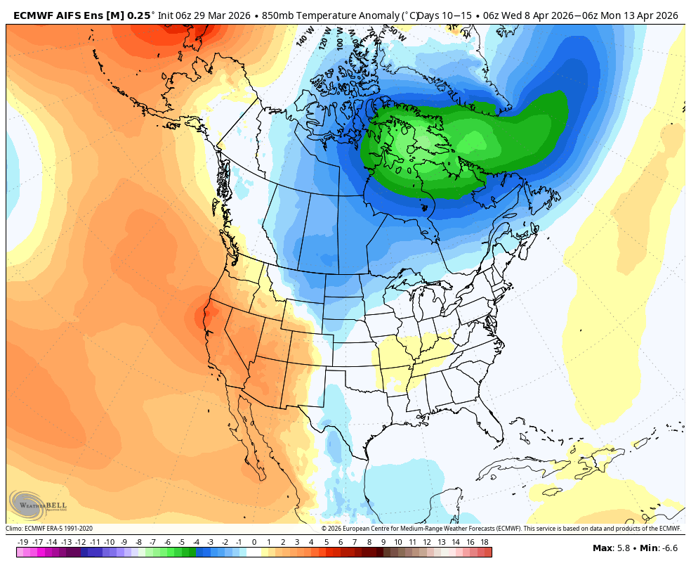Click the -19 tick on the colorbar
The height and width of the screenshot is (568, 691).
[22, 542]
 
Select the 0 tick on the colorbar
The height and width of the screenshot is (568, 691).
[254, 542]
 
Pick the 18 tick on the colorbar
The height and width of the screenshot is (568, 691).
[485, 542]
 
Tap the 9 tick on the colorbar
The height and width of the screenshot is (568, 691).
[383, 542]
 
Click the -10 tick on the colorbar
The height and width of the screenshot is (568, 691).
[110, 542]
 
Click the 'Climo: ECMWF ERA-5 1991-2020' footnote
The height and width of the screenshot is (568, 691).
[49, 529]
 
